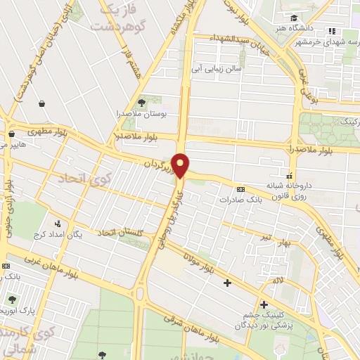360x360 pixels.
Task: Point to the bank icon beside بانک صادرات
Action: click(241, 189)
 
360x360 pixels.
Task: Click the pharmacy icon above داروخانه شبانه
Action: click(289, 175)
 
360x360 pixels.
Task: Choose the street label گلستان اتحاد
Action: click(122, 232)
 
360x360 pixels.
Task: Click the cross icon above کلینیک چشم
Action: click(264, 304)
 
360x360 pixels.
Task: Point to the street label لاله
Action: click(278, 281)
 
